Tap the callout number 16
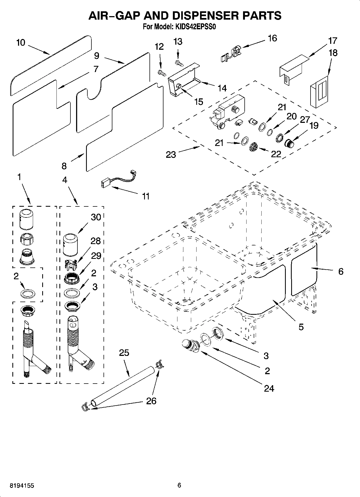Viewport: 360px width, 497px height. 272,38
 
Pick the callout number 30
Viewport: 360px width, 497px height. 96,217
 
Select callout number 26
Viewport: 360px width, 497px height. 151,401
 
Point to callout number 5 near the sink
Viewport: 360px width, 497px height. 301,327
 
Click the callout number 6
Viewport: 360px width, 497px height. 341,271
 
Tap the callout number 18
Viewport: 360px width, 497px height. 333,53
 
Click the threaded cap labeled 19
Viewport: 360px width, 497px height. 289,144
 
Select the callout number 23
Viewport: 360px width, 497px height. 171,155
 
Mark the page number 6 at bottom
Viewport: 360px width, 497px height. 179,485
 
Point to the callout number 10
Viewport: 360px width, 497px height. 21,42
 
